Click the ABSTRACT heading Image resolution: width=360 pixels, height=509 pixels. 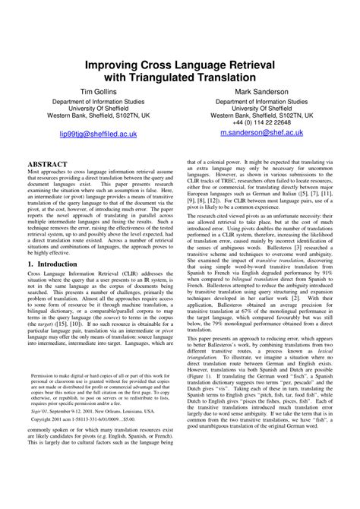point(48,164)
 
